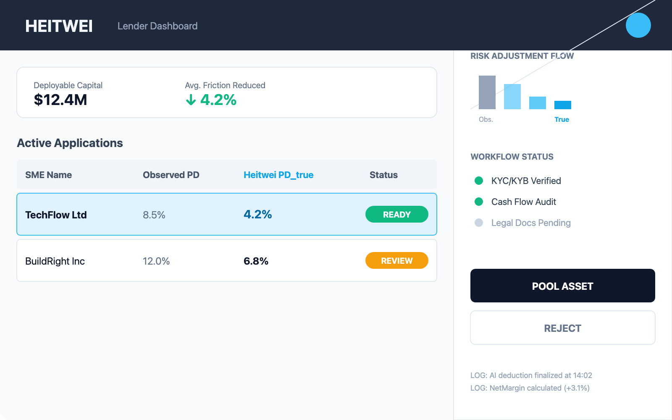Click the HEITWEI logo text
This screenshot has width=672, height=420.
pos(59,26)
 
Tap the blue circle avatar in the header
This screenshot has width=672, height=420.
pos(638,25)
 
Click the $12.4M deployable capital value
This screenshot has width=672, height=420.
pos(60,100)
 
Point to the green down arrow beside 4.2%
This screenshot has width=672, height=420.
pos(191,100)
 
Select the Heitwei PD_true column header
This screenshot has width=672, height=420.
pos(278,175)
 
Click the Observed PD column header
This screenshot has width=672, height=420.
pos(171,175)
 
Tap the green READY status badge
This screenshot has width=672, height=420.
pos(396,214)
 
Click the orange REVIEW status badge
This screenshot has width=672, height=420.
pos(396,260)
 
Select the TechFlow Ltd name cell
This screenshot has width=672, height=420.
pos(56,215)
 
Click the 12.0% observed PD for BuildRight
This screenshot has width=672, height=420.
pos(156,261)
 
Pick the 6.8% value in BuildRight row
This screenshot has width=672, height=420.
pos(256,261)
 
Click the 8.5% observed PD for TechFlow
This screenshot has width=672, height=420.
pos(154,215)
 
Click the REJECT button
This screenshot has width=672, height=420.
pos(562,328)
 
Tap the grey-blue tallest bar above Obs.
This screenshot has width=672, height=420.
pos(487,92)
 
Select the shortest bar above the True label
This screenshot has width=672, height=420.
pos(563,105)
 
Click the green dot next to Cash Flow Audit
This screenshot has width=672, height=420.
pos(479,202)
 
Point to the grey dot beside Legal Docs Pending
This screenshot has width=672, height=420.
pos(479,223)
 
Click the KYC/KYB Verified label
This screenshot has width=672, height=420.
pos(526,181)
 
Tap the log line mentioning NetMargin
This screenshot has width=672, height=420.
pos(530,388)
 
